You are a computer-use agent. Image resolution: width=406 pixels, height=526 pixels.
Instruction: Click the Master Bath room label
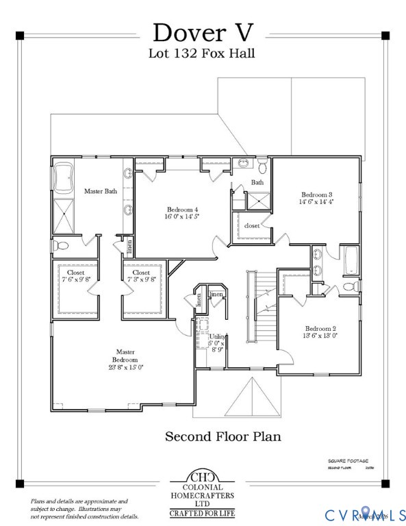pyautogui.click(x=100, y=191)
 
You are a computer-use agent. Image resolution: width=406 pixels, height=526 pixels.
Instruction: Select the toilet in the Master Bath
pyautogui.click(x=61, y=245)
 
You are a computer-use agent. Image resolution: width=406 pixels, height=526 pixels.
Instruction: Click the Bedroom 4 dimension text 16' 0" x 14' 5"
pyautogui.click(x=183, y=217)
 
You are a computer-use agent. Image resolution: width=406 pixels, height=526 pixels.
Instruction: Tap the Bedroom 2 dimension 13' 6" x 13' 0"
pyautogui.click(x=320, y=336)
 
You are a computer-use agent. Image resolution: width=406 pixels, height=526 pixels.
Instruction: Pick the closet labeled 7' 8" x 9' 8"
pyautogui.click(x=142, y=277)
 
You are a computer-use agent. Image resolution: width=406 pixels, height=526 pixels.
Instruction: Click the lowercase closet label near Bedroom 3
pyautogui.click(x=251, y=225)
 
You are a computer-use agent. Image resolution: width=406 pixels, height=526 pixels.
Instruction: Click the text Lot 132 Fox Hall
pyautogui.click(x=202, y=53)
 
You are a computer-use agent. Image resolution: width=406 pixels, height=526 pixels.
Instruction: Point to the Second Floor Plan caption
pyautogui.click(x=223, y=436)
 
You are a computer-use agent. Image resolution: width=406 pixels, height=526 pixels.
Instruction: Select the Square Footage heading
pyautogui.click(x=348, y=460)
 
